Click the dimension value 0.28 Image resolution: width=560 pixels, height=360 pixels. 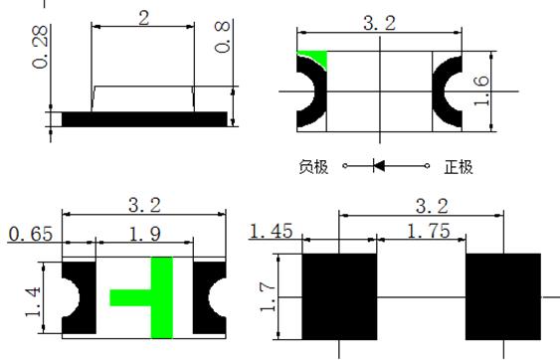(x=40, y=47)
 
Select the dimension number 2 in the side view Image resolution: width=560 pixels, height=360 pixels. (x=143, y=18)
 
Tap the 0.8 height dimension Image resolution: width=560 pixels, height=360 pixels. (x=222, y=37)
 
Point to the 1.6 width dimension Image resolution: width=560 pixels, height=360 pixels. (x=480, y=90)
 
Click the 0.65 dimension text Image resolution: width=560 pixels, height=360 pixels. (x=31, y=235)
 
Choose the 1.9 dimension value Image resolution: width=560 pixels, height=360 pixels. (x=144, y=235)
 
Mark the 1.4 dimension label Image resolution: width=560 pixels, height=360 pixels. (x=33, y=301)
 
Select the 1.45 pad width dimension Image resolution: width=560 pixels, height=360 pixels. (x=272, y=231)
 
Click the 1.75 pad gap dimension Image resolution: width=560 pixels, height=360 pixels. (x=429, y=231)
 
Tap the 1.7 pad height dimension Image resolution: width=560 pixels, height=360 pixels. (x=268, y=296)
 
